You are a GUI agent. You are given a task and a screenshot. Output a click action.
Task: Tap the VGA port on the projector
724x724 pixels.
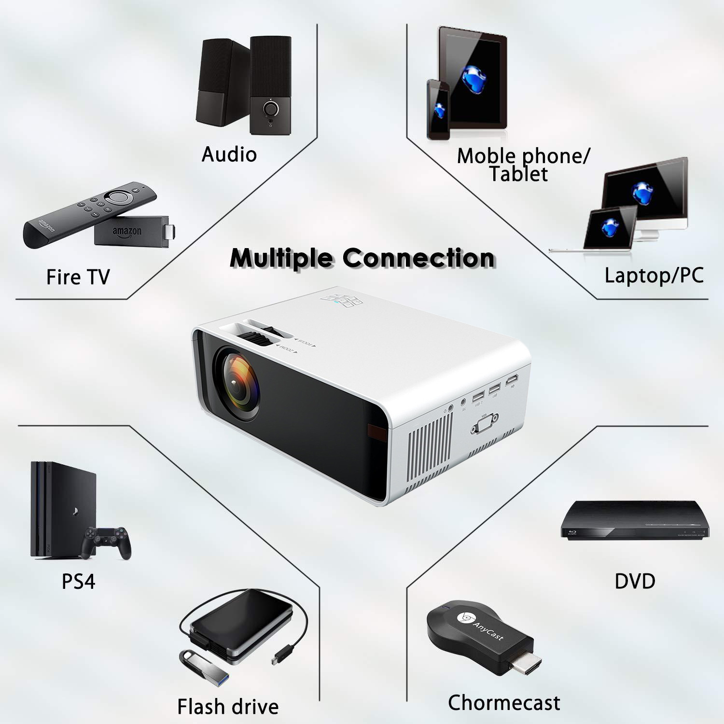point(485,425)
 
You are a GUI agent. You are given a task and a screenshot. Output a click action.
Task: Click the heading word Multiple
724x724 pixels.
point(283,258)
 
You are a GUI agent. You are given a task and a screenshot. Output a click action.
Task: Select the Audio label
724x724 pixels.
point(229,154)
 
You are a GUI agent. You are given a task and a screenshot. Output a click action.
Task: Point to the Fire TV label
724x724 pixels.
point(78,277)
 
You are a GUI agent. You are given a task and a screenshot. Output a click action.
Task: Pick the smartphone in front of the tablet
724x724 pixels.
point(438,110)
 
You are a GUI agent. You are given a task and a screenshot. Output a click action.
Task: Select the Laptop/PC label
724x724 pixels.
point(654,275)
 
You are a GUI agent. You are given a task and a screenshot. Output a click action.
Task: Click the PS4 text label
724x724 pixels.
point(78,581)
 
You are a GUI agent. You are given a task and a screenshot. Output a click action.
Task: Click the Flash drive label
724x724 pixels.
point(228,707)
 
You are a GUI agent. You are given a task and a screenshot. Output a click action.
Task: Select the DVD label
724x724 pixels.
point(635,581)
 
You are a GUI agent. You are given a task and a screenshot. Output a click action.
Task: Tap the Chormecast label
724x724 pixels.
point(504,703)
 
